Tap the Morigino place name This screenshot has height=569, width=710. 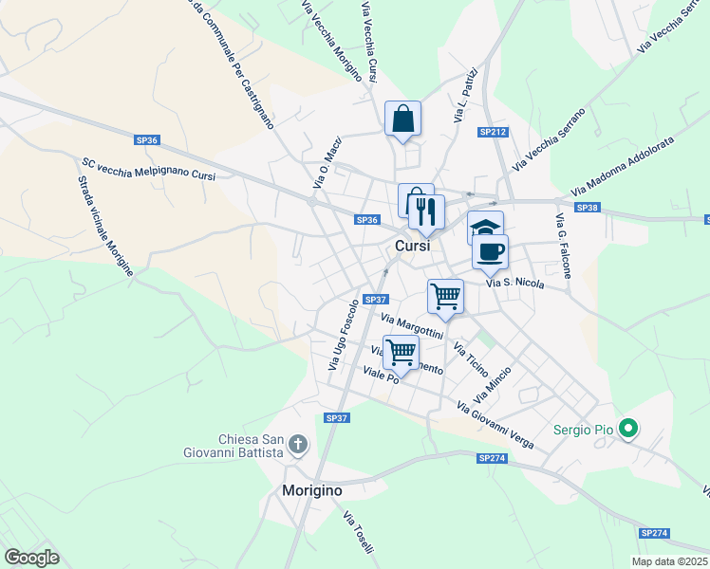(x=312, y=491)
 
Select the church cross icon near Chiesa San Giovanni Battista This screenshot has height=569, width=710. (x=298, y=444)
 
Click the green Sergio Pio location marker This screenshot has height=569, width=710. (x=626, y=430)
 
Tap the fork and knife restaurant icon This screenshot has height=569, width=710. (x=426, y=212)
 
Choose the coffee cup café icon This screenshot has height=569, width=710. (x=490, y=252)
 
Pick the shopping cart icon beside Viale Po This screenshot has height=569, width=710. (x=402, y=353)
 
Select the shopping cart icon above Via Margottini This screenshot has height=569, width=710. (x=445, y=296)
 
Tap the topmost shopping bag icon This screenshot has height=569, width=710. (x=402, y=119)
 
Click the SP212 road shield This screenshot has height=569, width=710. (x=493, y=132)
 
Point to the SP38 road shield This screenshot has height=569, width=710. (x=588, y=208)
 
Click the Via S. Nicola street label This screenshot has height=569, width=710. (x=514, y=283)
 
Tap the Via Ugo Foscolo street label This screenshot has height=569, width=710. (x=344, y=335)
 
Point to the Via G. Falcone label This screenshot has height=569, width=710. (x=564, y=247)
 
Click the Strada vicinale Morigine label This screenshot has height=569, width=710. (x=105, y=228)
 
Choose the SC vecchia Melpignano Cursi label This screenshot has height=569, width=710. (x=149, y=169)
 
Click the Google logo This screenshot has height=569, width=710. (x=31, y=558)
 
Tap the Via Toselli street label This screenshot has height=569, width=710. (x=359, y=533)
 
